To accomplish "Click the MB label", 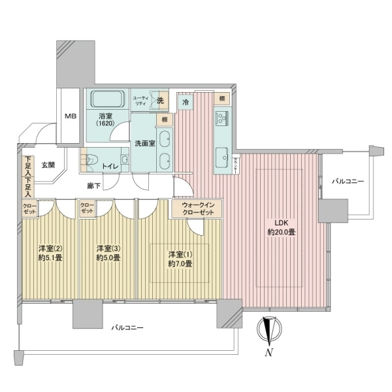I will coord(69,116).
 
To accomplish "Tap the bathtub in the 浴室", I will coord(106,99).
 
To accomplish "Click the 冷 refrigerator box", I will coord(186,103).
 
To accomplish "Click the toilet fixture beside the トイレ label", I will coord(90,161).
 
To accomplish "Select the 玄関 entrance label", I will coord(48,165).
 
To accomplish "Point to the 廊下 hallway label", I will coord(93,186).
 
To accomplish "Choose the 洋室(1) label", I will coord(179,253).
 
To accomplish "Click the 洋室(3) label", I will coord(107,248).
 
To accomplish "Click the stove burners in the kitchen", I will coord(221,118).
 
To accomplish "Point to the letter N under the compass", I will coord(269,353).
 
